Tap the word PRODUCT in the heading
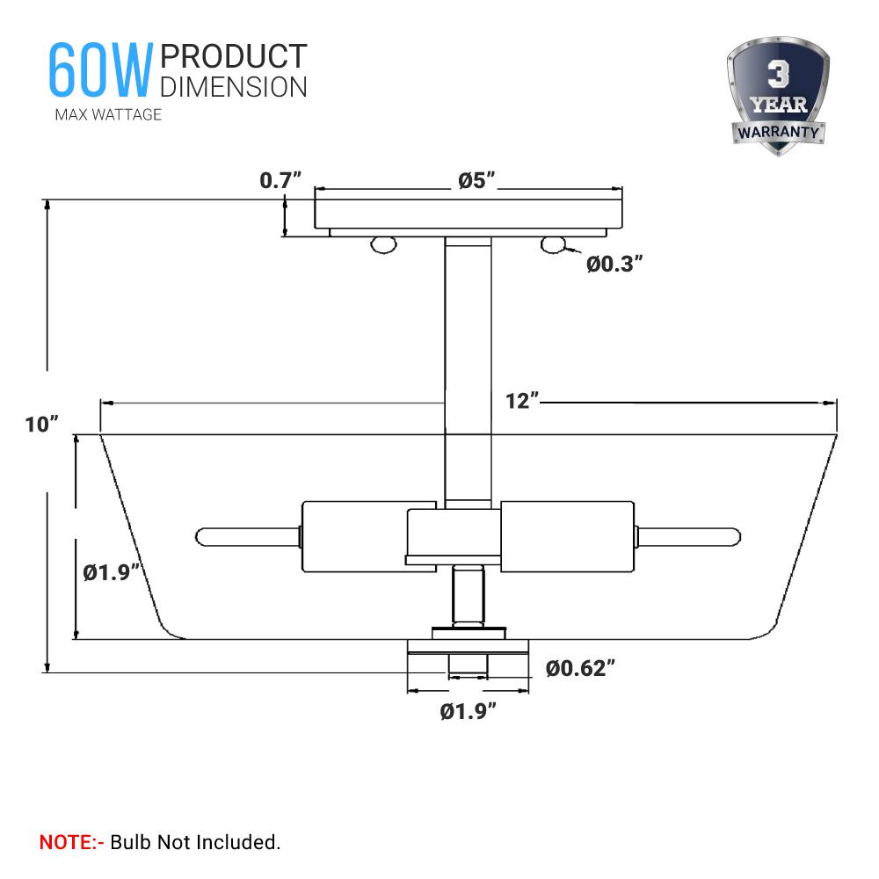pos(234,56)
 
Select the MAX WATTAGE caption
pos(108,114)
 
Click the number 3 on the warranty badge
pos(777,76)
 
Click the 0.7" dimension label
pos(280,181)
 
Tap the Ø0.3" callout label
pos(615,264)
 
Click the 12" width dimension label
pos(522,401)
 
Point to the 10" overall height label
pos(42,424)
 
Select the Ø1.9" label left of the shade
pos(111,573)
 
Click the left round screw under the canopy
pos(381,245)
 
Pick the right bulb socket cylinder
pos(567,535)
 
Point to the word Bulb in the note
pos(130,842)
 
